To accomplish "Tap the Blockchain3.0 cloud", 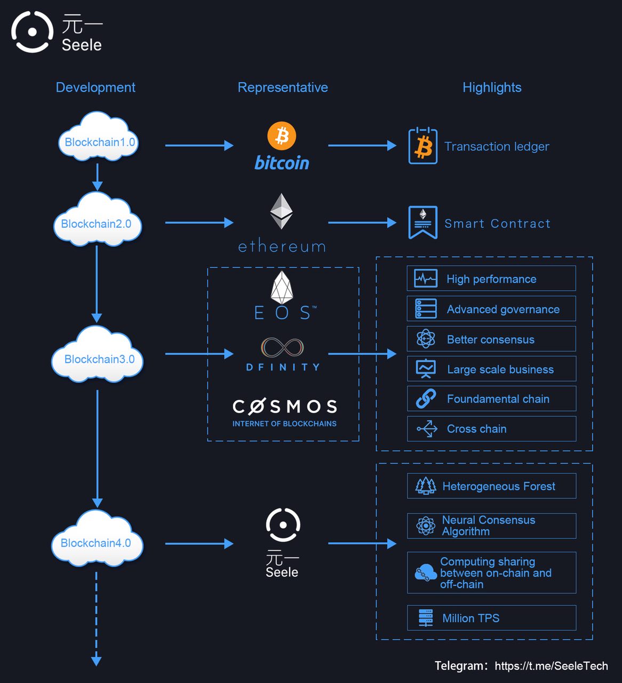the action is coord(98,354).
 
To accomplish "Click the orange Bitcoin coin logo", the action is coord(282,136).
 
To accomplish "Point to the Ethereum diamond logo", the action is coord(281,211).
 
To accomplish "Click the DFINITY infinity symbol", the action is coord(282,347).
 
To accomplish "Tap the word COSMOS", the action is coord(285,407).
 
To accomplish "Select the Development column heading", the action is coord(95,88).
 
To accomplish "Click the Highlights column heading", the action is coord(492,88).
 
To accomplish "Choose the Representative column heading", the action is coord(283,88).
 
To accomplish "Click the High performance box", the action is coord(491,278).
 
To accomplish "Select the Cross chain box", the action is coord(492,428).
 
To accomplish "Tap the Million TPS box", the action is coord(492,617).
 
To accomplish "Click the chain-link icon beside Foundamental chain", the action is coord(426,399).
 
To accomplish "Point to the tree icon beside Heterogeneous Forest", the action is coord(426,486).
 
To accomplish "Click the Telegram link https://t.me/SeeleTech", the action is coord(551,665).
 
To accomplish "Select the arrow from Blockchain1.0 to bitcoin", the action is coord(200,145).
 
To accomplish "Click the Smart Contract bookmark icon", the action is coord(423,223).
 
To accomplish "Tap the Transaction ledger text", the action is coord(497,146).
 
